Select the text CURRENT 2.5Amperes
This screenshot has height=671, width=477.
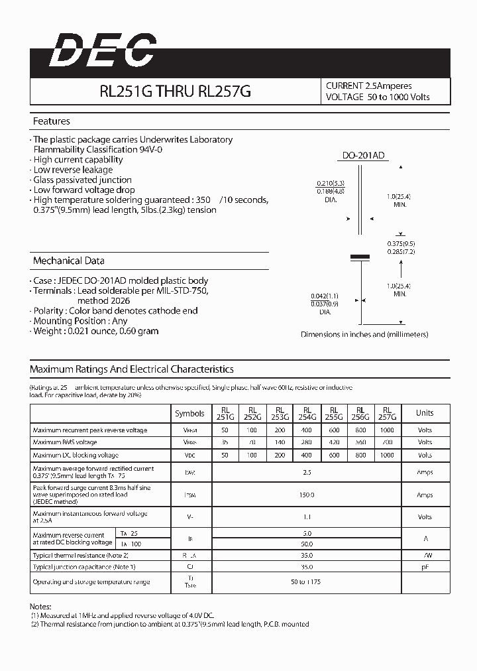369,86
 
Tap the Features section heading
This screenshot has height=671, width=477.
52,121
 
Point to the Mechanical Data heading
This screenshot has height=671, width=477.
68,261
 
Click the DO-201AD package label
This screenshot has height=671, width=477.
363,156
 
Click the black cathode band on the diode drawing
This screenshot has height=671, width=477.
359,256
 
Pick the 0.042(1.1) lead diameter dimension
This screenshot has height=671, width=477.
325,296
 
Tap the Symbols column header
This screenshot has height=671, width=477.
189,413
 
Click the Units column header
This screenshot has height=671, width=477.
424,412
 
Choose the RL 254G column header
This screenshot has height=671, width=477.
307,413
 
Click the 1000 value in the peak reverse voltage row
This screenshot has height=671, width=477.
388,430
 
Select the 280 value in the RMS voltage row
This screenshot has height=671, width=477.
307,442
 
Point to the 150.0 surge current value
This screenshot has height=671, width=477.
307,495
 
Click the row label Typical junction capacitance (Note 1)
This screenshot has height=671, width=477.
84,567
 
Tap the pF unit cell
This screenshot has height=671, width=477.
424,567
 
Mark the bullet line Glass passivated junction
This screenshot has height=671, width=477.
82,180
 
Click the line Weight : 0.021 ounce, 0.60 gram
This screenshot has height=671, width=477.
95,331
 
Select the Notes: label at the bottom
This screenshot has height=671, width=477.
40,607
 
